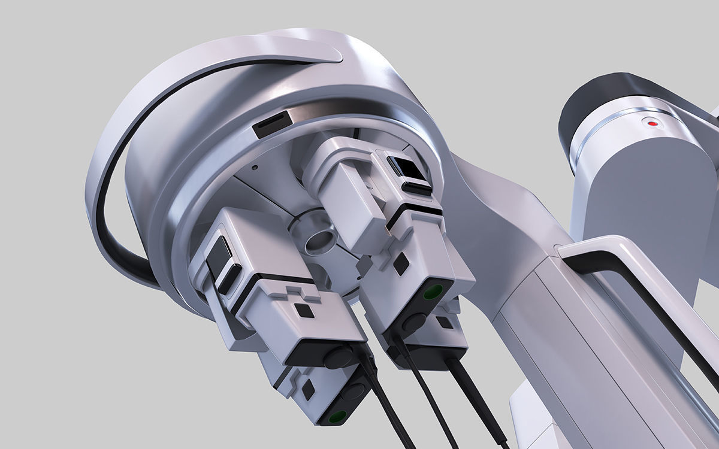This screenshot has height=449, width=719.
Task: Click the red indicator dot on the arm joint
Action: pyautogui.click(x=652, y=124)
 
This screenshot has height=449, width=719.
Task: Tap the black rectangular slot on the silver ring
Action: pyautogui.click(x=271, y=124)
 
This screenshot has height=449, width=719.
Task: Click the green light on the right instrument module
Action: pyautogui.click(x=433, y=292)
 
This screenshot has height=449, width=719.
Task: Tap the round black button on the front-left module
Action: pyautogui.click(x=339, y=357)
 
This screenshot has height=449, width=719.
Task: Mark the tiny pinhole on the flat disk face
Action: pyautogui.click(x=255, y=168)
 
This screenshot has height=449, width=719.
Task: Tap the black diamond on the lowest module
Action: pyautogui.click(x=308, y=390)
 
